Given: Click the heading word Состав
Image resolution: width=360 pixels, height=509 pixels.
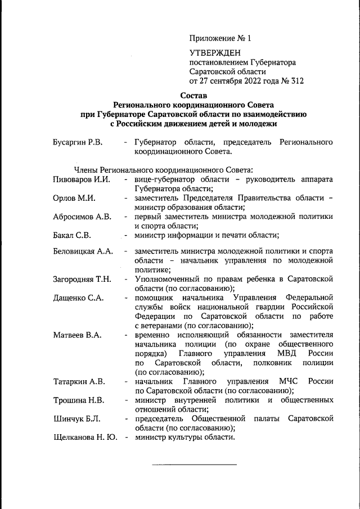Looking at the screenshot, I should click(x=194, y=96).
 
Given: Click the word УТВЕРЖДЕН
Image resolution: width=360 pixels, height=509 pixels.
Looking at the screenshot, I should click(x=214, y=52).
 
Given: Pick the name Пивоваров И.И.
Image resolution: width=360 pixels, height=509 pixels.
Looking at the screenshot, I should click(x=82, y=179).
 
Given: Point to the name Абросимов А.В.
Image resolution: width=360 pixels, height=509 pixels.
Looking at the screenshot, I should click(x=82, y=217).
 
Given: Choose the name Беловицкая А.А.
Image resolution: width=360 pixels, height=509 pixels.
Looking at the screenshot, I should click(x=84, y=251).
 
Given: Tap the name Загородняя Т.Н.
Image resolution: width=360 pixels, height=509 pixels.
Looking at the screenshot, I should click(x=82, y=279).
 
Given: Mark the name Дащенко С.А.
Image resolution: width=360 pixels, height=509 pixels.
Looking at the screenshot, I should click(x=78, y=298).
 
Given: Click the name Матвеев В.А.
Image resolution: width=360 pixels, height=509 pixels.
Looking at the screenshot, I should click(x=77, y=335).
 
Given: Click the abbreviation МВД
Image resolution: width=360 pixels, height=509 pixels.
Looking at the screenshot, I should click(x=289, y=354).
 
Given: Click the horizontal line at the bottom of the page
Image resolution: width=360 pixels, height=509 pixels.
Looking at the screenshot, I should click(x=194, y=465).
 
